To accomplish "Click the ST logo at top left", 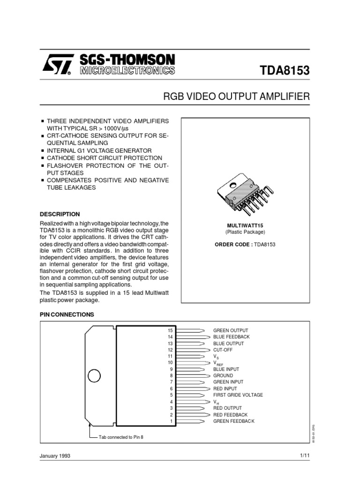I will pyautogui.click(x=58, y=66).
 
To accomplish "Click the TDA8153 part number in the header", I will pyautogui.click(x=285, y=70).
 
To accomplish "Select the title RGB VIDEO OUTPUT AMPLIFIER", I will pyautogui.click(x=236, y=97).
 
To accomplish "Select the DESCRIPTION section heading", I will pyautogui.click(x=60, y=214).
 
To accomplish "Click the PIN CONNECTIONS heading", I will pyautogui.click(x=67, y=314).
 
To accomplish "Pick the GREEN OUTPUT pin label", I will pyautogui.click(x=231, y=330).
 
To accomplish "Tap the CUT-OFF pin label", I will pyautogui.click(x=223, y=350).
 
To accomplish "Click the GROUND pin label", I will pyautogui.click(x=223, y=375).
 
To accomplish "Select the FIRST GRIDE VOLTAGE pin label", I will pyautogui.click(x=238, y=395).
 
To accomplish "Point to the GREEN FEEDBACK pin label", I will pyautogui.click(x=234, y=421).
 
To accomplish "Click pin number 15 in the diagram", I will pyautogui.click(x=171, y=330).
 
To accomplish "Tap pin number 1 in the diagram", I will pyautogui.click(x=172, y=421).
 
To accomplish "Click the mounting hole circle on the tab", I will pyautogui.click(x=94, y=376).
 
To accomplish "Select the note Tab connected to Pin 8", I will pyautogui.click(x=121, y=437).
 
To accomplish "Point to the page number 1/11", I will pyautogui.click(x=304, y=456).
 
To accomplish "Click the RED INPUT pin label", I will pyautogui.click(x=225, y=389).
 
